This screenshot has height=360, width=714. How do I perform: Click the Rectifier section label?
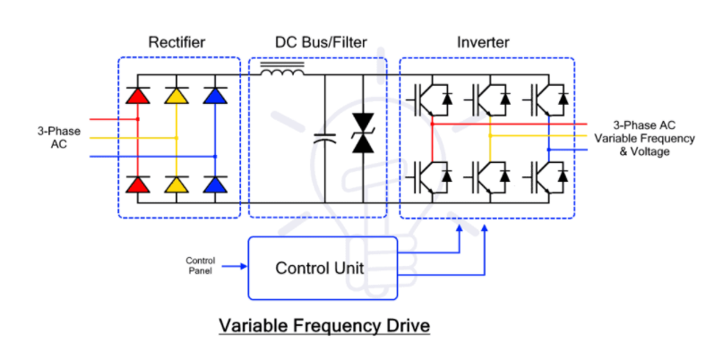[x=178, y=43]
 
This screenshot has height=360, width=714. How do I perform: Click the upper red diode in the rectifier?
[x=138, y=95]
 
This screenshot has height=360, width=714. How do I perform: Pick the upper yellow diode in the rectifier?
[x=176, y=95]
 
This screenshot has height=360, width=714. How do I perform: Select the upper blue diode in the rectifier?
[x=215, y=95]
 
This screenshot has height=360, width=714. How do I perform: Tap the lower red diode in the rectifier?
[x=138, y=184]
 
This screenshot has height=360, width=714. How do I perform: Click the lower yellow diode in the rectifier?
[x=176, y=184]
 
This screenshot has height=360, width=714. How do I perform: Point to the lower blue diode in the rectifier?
[x=215, y=184]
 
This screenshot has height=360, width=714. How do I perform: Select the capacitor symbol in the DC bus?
[x=324, y=139]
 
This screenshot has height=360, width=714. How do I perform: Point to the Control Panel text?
[x=200, y=265]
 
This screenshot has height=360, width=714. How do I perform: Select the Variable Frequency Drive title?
[x=324, y=325]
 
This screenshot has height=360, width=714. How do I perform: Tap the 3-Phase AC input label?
[x=58, y=137]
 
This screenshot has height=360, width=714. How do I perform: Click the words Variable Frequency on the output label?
[x=643, y=138]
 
